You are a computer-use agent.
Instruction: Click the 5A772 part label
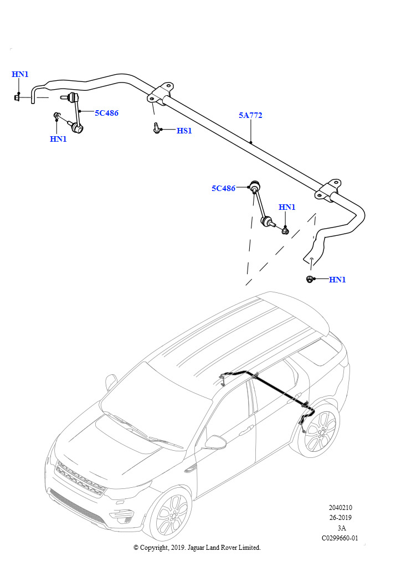250,116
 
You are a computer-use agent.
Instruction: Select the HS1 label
184,131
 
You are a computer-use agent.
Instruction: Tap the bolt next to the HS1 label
157,130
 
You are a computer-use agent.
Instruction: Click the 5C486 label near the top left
106,113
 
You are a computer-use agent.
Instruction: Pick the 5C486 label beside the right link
223,188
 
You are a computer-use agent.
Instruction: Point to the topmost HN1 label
20,75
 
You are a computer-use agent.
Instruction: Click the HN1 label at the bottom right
337,280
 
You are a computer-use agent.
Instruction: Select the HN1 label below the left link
58,139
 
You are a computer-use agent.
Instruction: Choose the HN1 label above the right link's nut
287,208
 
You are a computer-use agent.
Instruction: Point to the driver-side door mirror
215,442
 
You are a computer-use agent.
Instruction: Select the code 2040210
340,508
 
